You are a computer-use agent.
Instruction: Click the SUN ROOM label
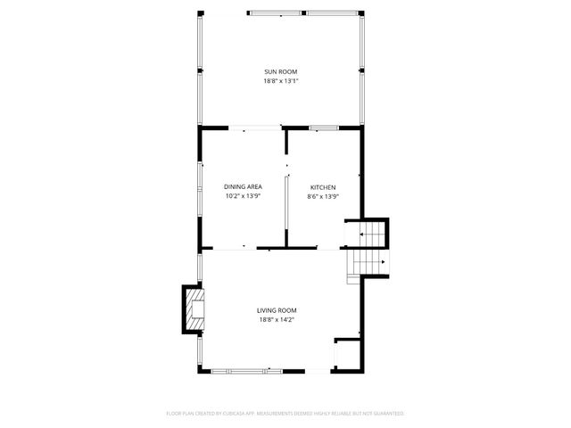click(x=280, y=72)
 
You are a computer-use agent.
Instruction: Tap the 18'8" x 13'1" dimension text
click(x=280, y=81)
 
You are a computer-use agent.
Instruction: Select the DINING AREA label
click(x=243, y=187)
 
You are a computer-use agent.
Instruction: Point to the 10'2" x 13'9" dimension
click(x=243, y=196)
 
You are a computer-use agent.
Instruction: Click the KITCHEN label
click(x=322, y=187)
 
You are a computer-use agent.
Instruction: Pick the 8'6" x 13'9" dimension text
click(x=322, y=196)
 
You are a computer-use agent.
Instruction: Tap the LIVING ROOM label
click(x=277, y=309)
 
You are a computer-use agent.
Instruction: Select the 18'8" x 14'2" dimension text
click(x=277, y=318)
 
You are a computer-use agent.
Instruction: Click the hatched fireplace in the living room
click(x=194, y=308)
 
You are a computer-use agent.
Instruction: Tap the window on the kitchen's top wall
click(x=324, y=128)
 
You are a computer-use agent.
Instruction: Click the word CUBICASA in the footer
click(x=228, y=414)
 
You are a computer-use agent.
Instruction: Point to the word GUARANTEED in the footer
click(x=385, y=414)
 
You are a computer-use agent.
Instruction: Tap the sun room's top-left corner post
click(x=200, y=13)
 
